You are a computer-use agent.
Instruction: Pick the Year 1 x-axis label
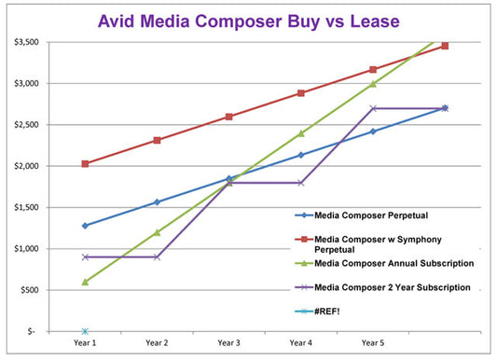(x=85, y=342)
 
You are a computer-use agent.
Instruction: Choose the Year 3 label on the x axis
(x=228, y=342)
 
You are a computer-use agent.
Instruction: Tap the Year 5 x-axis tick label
(x=372, y=342)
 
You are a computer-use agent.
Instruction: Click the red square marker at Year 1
(x=85, y=164)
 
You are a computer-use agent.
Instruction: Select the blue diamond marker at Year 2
(x=157, y=201)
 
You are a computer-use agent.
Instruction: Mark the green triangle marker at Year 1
(x=85, y=282)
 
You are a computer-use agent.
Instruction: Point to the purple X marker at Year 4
(x=300, y=183)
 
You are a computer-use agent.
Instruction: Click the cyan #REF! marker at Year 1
(x=85, y=331)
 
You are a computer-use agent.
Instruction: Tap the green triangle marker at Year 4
(x=300, y=133)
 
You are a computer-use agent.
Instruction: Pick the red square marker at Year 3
(x=228, y=117)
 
